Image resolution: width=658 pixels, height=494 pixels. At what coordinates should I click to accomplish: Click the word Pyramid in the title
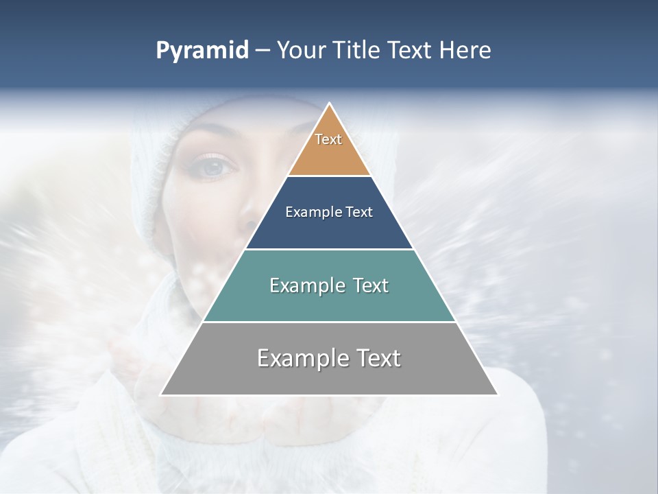click(202, 51)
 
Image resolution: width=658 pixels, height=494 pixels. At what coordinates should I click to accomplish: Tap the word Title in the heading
click(358, 50)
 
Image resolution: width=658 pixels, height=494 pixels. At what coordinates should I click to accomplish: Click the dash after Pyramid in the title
click(263, 51)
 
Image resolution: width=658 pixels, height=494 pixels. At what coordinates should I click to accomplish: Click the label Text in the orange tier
click(328, 139)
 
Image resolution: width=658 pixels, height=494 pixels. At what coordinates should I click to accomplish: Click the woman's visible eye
click(215, 167)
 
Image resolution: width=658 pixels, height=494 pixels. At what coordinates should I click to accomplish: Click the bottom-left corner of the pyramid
click(161, 395)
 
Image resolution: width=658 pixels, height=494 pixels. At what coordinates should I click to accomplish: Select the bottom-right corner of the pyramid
click(498, 395)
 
